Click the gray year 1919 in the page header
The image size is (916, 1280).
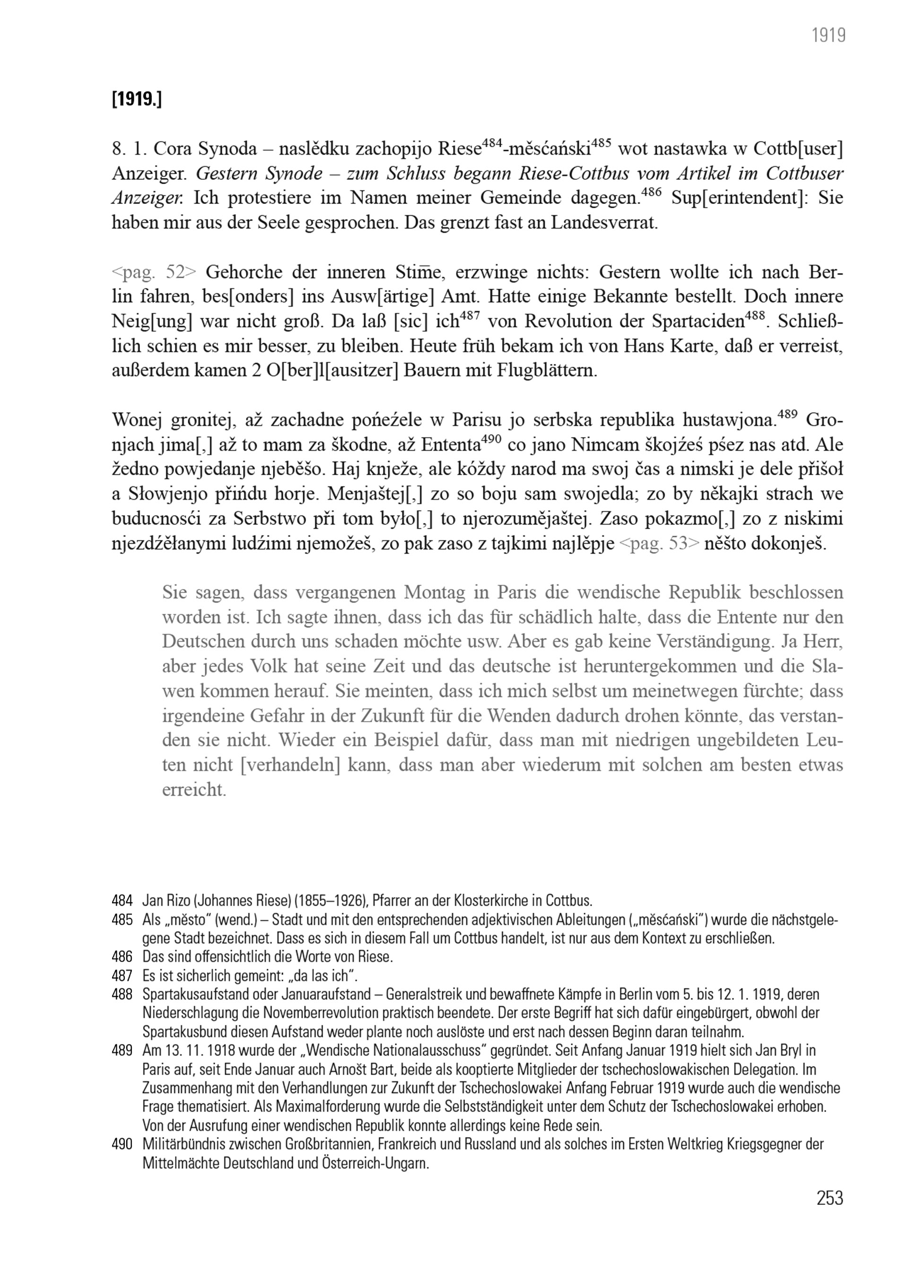click(828, 35)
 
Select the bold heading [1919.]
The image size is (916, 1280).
click(137, 99)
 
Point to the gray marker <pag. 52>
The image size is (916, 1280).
click(154, 272)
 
